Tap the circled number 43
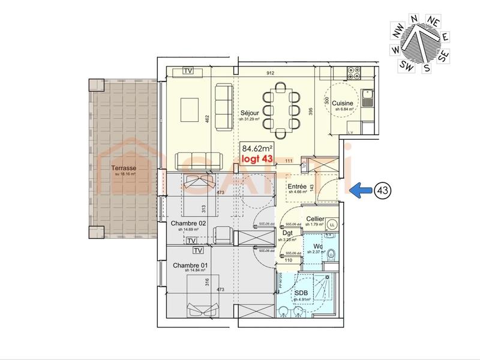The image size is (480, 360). (382, 190)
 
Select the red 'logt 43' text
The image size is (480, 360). (256, 158)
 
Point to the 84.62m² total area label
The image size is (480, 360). (257, 148)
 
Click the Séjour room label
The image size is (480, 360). (250, 113)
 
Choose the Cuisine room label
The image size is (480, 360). (344, 103)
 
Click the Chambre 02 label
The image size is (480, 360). (188, 223)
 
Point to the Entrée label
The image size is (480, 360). (297, 187)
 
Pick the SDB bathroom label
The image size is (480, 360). (301, 293)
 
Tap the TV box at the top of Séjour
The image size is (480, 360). (188, 71)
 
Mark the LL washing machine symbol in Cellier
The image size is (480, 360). (332, 226)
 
